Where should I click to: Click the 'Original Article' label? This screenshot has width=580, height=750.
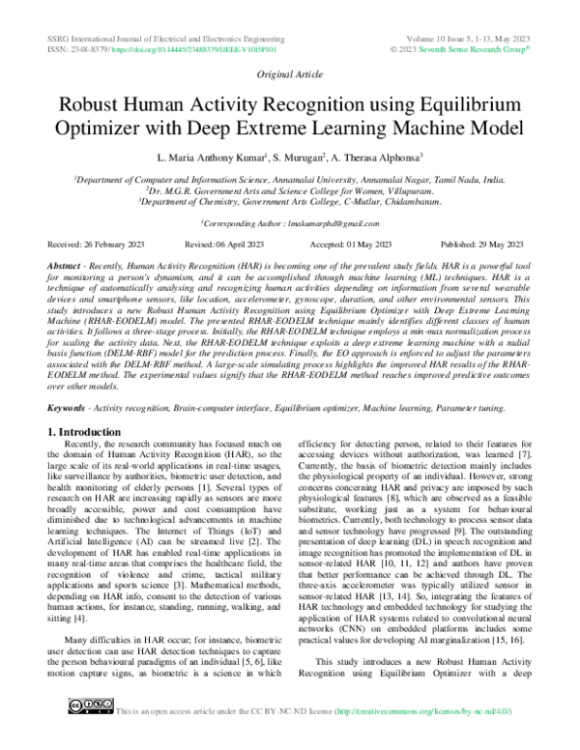tap(289, 74)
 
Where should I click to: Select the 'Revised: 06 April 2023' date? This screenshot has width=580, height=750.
tap(225, 245)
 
